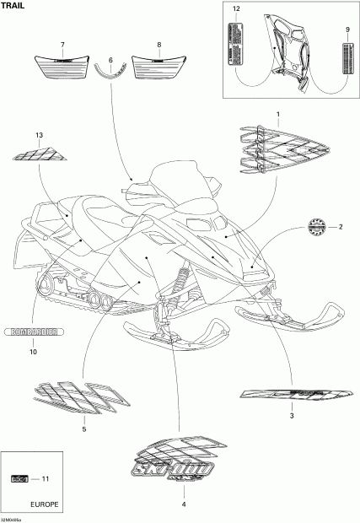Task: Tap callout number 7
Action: (x=62, y=44)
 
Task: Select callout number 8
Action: (x=159, y=44)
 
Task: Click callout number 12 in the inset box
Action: (x=236, y=8)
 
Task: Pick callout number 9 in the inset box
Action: (x=347, y=30)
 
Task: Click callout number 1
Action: (x=278, y=113)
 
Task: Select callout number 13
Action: (x=39, y=135)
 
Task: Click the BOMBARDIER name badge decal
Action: (x=33, y=332)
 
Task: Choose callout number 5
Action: (x=83, y=429)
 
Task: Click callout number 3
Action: (x=291, y=416)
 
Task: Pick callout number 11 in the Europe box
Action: (x=46, y=479)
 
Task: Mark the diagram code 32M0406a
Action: (x=13, y=517)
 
